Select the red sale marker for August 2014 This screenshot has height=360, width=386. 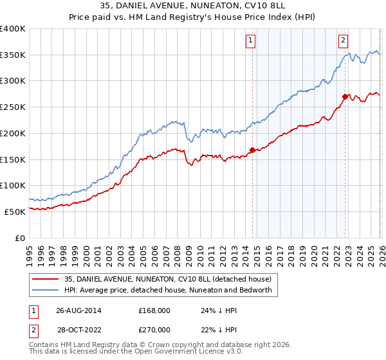252,150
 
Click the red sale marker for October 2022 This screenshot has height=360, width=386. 345,96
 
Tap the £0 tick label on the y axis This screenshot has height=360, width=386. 19,238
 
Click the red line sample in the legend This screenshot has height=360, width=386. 46,279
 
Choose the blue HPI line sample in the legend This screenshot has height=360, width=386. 46,290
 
